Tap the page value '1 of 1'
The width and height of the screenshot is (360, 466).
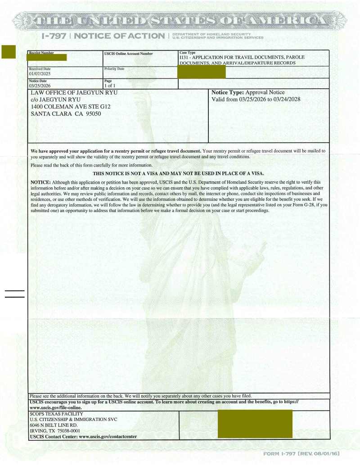click(110, 85)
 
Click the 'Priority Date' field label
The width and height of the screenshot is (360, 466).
click(114, 69)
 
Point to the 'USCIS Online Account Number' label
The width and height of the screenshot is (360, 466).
click(128, 54)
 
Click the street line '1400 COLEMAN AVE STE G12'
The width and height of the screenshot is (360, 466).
click(70, 107)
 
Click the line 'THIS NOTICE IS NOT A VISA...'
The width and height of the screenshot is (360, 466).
click(178, 173)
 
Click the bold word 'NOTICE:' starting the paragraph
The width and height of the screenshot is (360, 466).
click(40, 181)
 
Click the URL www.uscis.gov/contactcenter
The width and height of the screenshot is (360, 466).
click(108, 436)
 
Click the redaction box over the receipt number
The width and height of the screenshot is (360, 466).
click(47, 57)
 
